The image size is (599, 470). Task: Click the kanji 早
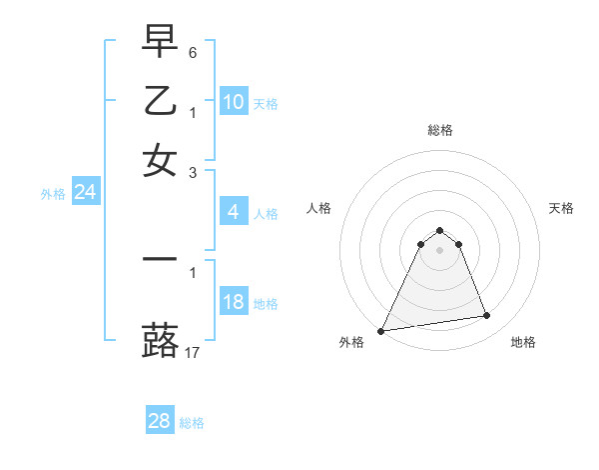[161, 41]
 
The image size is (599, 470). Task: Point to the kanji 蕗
[161, 340]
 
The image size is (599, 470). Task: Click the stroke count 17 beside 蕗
[194, 352]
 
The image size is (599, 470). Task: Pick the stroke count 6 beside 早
[194, 51]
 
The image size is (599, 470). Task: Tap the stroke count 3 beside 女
[194, 172]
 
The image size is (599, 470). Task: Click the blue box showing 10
[234, 102]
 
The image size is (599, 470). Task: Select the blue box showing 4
[234, 212]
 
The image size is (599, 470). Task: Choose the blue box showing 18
[234, 302]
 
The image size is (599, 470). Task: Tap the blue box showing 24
[86, 192]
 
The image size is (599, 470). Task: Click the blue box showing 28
[160, 421]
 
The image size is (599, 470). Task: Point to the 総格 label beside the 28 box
[192, 423]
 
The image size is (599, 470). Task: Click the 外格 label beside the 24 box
[53, 194]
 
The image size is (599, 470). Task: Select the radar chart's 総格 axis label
[439, 130]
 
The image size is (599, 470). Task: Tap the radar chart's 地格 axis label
[523, 342]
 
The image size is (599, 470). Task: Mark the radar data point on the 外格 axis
[381, 331]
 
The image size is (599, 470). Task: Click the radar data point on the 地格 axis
[487, 316]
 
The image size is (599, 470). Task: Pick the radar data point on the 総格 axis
[439, 231]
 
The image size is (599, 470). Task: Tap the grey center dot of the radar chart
[439, 249]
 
